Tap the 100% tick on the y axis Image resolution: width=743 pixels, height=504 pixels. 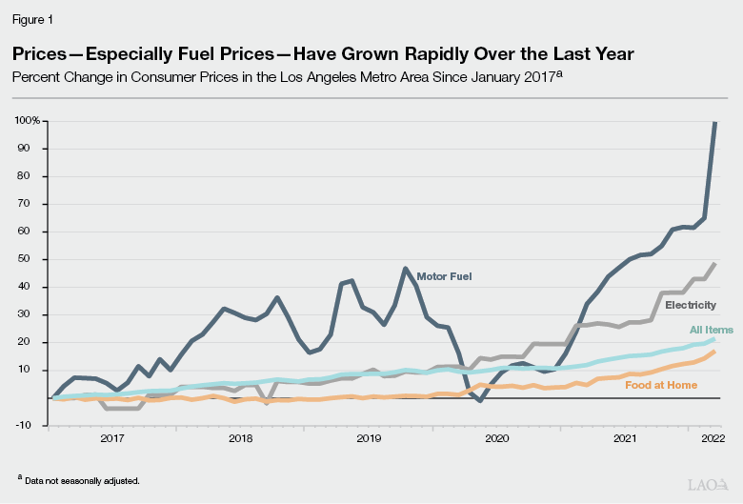point(27,121)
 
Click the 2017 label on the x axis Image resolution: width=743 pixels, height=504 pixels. point(111,438)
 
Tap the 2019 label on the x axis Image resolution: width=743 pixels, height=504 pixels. point(369,438)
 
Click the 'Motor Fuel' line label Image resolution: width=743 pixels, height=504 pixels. point(444,277)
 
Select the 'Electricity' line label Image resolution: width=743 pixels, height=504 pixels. point(691,305)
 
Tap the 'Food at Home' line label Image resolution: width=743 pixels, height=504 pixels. point(661,385)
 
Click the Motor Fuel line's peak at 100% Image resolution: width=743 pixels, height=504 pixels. point(715,123)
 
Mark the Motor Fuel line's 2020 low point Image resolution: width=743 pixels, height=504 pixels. point(480,401)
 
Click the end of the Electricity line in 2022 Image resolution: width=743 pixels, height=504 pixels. point(714,264)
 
